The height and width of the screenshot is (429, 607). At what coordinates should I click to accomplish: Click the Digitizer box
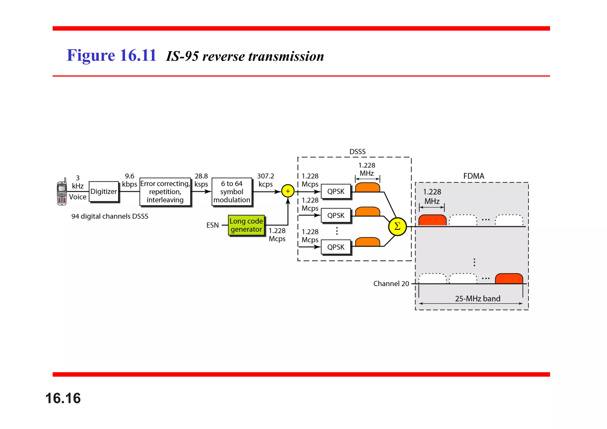103,191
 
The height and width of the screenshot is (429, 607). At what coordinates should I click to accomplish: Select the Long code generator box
246,225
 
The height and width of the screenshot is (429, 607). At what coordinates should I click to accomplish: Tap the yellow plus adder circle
287,191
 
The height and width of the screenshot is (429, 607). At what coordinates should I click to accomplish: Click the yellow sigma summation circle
397,226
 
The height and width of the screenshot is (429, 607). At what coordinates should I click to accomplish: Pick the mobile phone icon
62,192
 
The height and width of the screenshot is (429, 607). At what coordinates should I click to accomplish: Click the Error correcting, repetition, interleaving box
165,192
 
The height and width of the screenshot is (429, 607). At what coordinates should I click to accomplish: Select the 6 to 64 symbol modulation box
232,192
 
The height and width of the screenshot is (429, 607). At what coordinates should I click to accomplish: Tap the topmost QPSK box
336,191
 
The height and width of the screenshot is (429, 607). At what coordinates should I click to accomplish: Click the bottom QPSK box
336,247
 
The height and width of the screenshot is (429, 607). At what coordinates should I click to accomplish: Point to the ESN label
213,225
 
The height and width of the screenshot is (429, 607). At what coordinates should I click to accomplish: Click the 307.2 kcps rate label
265,180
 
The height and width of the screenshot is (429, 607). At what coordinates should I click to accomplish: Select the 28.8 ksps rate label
201,180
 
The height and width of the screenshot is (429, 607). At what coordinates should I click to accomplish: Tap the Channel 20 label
391,284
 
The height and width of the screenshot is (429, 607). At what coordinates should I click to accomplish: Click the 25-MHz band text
477,298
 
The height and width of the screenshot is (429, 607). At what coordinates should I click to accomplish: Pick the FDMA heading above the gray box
473,176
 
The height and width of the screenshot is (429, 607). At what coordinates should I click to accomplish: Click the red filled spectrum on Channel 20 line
509,279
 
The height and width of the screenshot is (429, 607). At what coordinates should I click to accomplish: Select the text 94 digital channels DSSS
110,216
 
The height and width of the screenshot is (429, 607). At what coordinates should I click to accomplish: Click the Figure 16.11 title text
111,55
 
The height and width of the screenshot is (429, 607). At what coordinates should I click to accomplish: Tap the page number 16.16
63,398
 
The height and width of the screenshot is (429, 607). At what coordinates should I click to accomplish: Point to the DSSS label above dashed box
357,152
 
